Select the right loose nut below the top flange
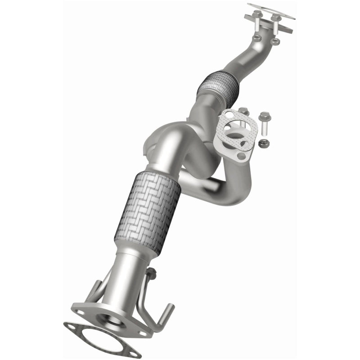click(x=276, y=41)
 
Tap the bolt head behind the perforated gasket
click(x=243, y=111)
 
